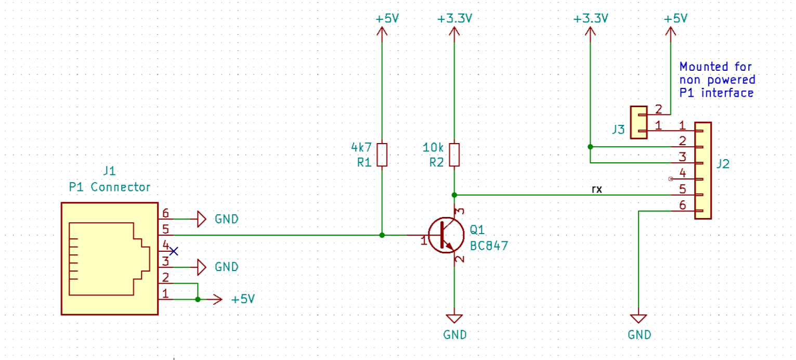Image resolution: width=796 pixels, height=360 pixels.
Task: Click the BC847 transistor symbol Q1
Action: tap(446, 235)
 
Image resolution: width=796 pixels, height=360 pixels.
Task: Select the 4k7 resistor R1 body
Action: tap(382, 155)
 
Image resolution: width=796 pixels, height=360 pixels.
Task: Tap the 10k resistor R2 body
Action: tap(454, 155)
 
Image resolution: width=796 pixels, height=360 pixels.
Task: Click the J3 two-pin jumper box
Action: tap(638, 122)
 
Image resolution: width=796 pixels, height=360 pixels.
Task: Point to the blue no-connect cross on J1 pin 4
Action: tap(174, 251)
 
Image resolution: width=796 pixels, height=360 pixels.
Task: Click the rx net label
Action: tap(597, 189)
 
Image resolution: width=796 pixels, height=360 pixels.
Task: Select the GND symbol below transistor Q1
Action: tap(454, 319)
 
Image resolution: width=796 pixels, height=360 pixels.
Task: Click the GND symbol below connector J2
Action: tap(638, 319)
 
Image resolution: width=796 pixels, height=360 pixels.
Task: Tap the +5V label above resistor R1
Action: tap(387, 19)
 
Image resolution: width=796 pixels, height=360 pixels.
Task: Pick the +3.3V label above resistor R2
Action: tap(454, 19)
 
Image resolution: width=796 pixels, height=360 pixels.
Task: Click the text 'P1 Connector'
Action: tap(110, 187)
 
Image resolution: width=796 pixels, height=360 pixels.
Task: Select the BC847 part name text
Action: tap(489, 246)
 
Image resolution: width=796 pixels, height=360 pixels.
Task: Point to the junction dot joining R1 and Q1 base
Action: tap(382, 235)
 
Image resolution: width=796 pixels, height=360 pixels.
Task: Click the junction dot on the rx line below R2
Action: tap(454, 195)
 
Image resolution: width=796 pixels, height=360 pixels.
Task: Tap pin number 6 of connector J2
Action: tap(683, 205)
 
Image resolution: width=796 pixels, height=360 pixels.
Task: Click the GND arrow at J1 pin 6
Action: tap(202, 219)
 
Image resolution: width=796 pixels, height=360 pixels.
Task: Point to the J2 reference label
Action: tap(723, 164)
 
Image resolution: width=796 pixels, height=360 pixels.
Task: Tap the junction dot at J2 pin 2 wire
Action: tap(590, 147)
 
